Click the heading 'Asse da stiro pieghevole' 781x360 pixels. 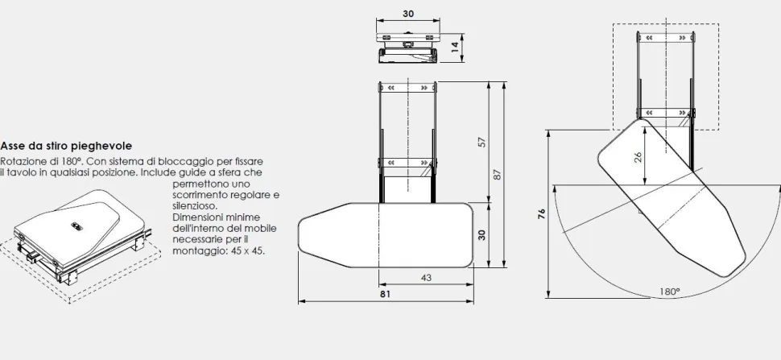(x=66, y=146)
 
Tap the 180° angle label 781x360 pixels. (x=670, y=292)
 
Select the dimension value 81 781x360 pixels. (x=385, y=294)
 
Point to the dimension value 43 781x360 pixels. (x=427, y=278)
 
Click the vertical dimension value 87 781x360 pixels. (x=497, y=175)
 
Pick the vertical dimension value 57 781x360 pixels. (x=481, y=142)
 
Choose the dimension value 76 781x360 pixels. (x=542, y=213)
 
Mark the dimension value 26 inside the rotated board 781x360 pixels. (x=638, y=156)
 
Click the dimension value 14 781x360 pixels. (x=455, y=48)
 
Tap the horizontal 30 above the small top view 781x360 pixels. (x=408, y=14)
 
